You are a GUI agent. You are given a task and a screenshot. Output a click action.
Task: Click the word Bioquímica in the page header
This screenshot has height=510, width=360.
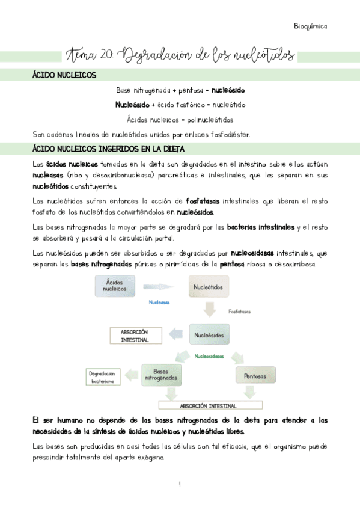(x=310, y=26)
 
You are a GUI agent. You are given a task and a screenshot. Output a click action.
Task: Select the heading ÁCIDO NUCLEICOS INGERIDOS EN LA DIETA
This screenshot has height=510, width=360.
(x=108, y=149)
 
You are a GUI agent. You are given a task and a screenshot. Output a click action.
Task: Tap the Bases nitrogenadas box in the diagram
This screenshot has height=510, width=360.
(x=160, y=375)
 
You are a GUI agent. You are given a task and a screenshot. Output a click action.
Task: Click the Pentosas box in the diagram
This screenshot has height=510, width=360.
(x=254, y=376)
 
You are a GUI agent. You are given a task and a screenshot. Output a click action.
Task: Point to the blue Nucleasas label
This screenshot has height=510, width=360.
(x=159, y=303)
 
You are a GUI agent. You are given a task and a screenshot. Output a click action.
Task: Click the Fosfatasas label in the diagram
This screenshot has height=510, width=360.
(x=239, y=312)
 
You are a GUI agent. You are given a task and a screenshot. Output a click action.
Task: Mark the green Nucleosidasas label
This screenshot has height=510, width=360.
(x=209, y=356)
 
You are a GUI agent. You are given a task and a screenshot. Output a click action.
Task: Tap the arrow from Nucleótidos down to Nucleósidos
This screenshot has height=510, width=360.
(x=210, y=310)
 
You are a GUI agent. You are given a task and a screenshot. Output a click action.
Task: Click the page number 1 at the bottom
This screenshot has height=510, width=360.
(x=180, y=484)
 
